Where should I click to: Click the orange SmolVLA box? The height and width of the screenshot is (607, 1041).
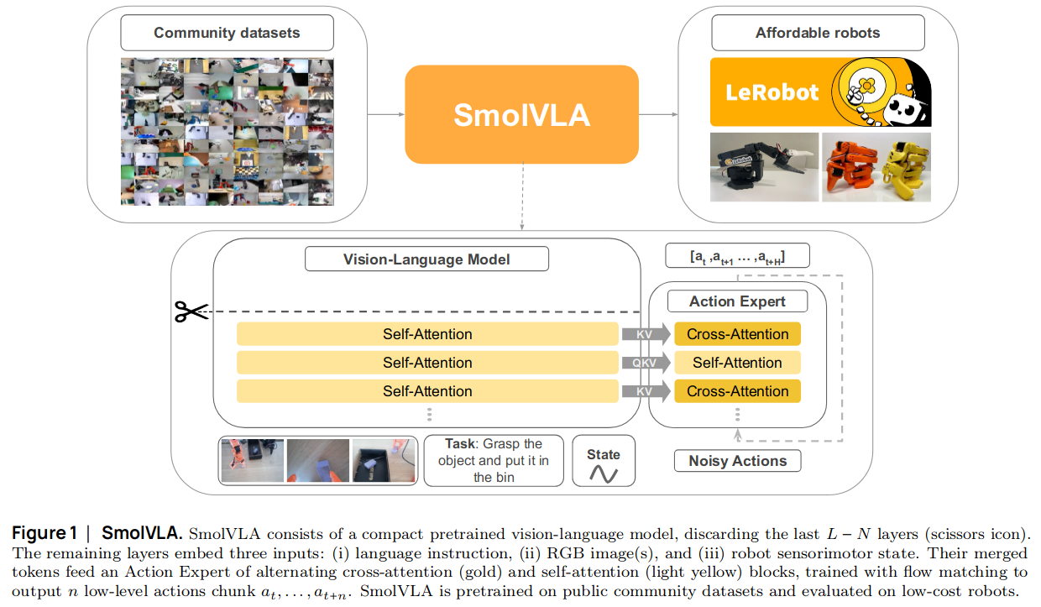coord(521,114)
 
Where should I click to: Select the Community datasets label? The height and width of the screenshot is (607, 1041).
coord(227,34)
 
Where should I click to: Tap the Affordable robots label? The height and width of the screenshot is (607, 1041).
coord(817,34)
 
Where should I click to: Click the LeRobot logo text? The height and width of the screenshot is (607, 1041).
coord(771,92)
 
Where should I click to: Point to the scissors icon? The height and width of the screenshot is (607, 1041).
coord(191,311)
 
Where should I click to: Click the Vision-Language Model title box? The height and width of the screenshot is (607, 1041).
coord(426,259)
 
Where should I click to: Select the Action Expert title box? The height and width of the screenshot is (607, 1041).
coord(737,301)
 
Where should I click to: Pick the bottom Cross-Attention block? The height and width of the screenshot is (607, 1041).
coord(737,391)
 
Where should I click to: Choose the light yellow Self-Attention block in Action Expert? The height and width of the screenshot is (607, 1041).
coord(737,363)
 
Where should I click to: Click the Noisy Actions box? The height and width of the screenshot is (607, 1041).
coord(737,461)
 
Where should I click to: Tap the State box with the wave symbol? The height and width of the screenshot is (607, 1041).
coord(604,461)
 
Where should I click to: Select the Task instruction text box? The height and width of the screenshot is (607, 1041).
coord(494,460)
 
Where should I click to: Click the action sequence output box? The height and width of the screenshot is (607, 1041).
coord(737,256)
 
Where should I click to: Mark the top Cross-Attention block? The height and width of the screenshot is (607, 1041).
coord(737,334)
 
